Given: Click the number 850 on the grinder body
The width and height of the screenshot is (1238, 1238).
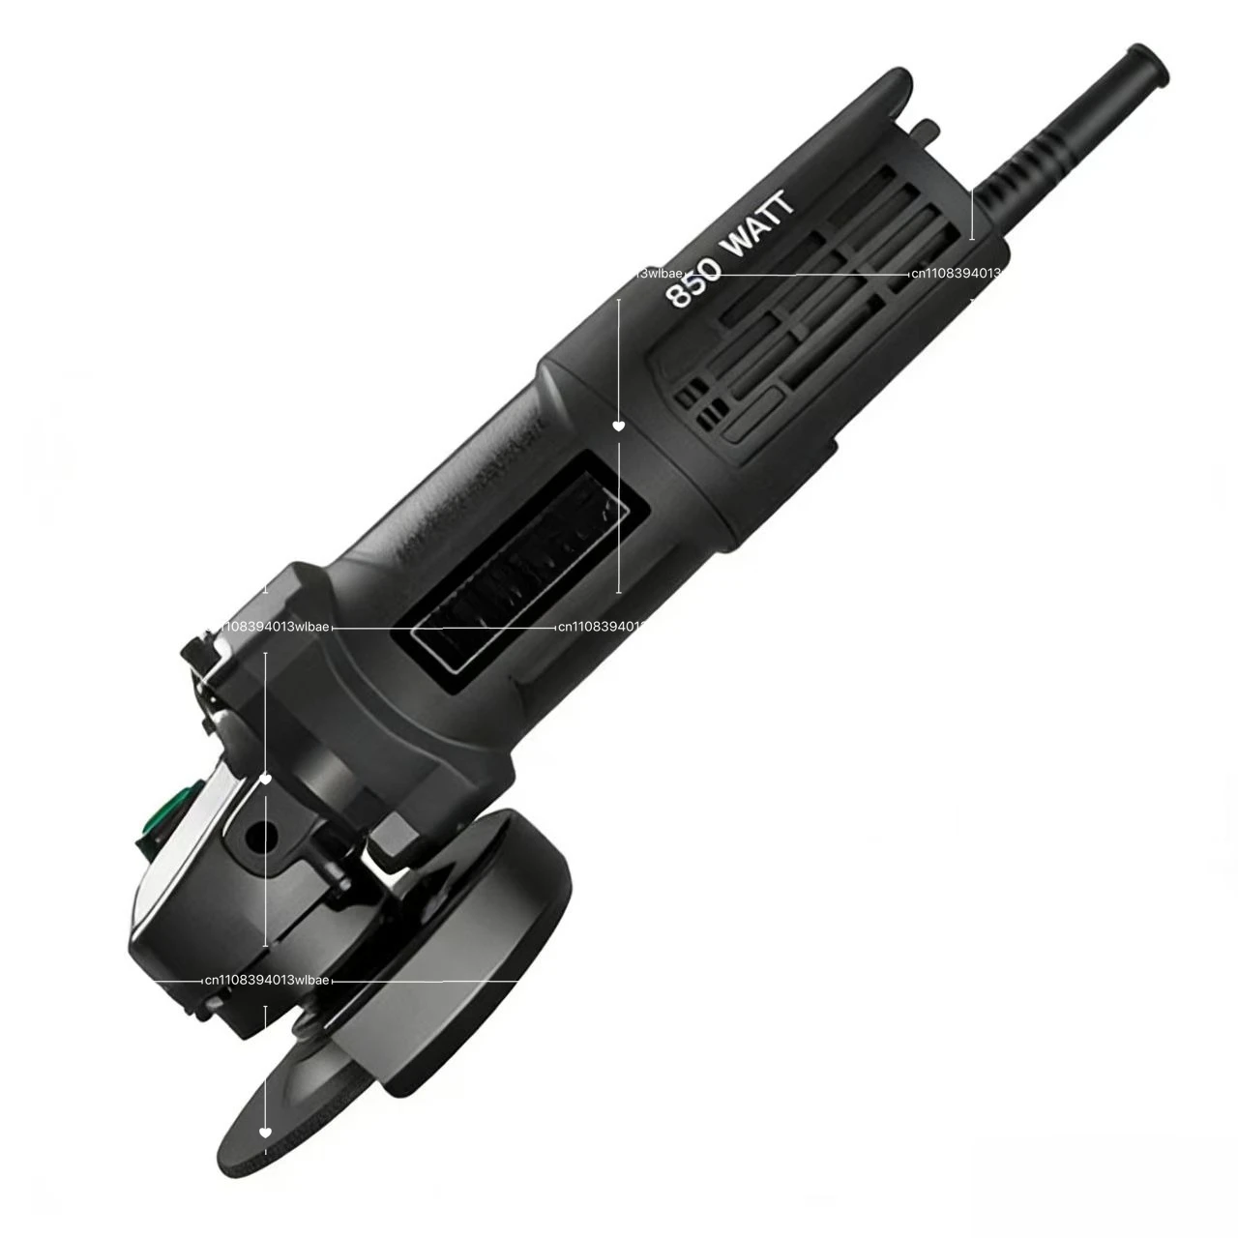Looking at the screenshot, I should (x=694, y=281).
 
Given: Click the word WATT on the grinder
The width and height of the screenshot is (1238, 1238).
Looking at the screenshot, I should (x=759, y=224).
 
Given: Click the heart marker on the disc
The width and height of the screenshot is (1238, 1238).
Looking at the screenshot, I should (x=266, y=1132).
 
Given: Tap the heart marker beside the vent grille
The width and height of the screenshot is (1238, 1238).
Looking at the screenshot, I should (x=619, y=426).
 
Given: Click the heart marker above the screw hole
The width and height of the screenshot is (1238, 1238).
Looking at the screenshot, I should (x=266, y=778).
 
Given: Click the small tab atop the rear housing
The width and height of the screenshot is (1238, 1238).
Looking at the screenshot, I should (x=927, y=128).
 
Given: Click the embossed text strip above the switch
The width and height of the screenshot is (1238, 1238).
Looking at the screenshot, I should (x=464, y=484).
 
